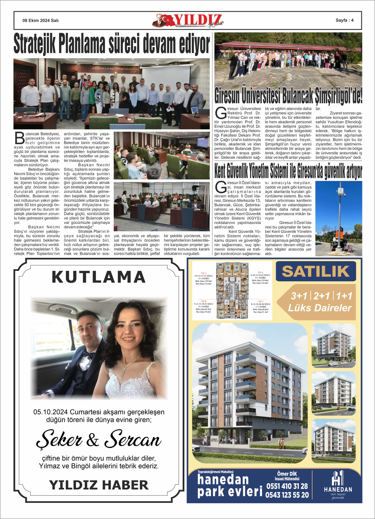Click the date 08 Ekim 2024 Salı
(x=40, y=20)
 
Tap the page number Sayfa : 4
(x=344, y=20)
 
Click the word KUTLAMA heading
(x=99, y=277)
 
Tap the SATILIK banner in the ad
(x=316, y=271)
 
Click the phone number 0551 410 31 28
(x=287, y=486)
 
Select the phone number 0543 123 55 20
(x=287, y=495)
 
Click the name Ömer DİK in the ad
(x=287, y=474)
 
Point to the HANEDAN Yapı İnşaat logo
(x=338, y=485)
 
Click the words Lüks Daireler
(x=320, y=308)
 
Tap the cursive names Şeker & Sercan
(x=99, y=439)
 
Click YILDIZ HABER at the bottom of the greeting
(x=99, y=485)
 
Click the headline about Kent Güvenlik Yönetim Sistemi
(x=288, y=171)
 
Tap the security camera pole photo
(x=339, y=218)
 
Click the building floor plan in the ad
(x=232, y=290)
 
